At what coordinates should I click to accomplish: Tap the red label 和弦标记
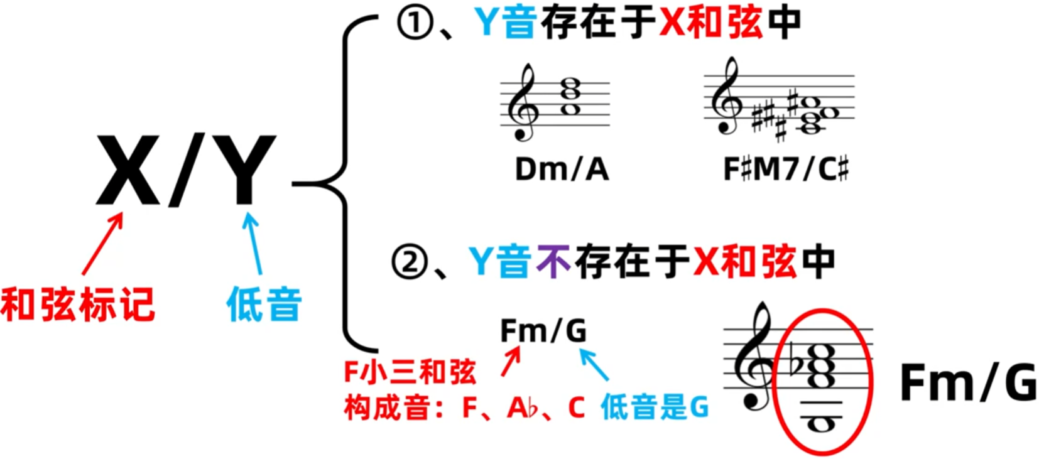78,305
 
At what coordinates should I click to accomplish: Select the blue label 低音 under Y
264,305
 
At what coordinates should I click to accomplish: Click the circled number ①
415,23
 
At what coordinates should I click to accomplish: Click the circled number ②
410,262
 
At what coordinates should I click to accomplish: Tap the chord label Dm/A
562,170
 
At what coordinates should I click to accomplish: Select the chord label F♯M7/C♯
786,170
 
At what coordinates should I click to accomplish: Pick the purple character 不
553,262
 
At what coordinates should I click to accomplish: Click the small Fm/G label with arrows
543,330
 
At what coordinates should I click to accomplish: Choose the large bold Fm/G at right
968,382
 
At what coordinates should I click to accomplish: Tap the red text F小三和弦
410,372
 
